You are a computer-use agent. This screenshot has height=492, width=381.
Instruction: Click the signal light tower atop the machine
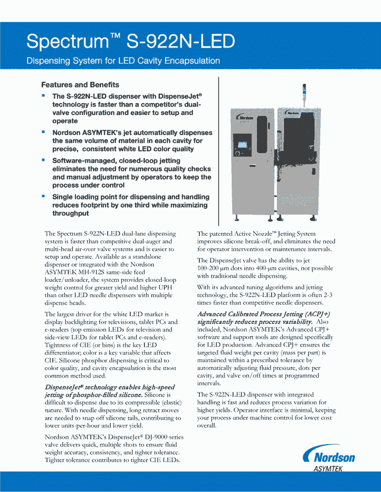pyautogui.click(x=304, y=93)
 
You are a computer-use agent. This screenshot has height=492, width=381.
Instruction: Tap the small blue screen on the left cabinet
pyautogui.click(x=242, y=145)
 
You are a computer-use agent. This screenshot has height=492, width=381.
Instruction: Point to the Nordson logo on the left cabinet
pyautogui.click(x=245, y=117)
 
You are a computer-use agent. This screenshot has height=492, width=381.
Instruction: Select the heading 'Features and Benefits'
pyautogui.click(x=80, y=85)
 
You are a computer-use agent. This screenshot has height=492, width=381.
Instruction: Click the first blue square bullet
pyautogui.click(x=43, y=95)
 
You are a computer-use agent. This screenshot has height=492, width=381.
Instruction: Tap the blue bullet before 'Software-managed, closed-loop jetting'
pyautogui.click(x=43, y=160)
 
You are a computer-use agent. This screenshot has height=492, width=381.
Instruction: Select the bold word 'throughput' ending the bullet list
pyautogui.click(x=70, y=213)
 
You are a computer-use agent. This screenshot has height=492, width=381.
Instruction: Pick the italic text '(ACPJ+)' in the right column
pyautogui.click(x=317, y=314)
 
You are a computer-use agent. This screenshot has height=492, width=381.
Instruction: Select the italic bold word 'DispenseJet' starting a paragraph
pyautogui.click(x=61, y=387)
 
